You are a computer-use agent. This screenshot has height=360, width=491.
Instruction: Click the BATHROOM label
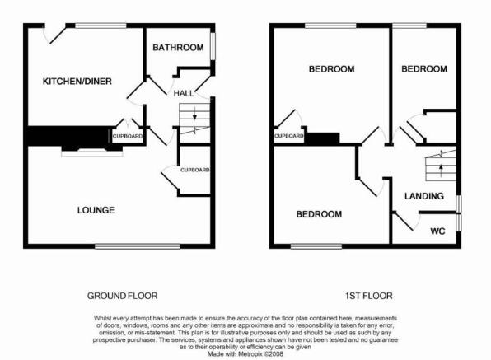(x=178, y=48)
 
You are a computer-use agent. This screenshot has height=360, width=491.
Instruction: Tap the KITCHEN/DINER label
(x=77, y=82)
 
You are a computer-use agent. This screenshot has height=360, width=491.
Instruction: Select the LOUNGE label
(x=96, y=210)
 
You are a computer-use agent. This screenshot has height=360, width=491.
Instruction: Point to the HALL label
(x=184, y=93)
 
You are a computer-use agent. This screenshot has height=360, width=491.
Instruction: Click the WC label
(x=437, y=231)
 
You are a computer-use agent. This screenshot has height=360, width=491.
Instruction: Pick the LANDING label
(x=424, y=196)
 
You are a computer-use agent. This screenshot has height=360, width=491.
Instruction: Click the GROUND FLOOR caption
(x=123, y=296)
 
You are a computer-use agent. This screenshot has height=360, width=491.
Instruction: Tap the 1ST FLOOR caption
(x=369, y=296)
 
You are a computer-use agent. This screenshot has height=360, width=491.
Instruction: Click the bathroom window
(x=213, y=46)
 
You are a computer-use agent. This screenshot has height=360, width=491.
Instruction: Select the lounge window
(x=138, y=246)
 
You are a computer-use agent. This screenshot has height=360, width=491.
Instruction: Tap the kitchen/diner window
(x=101, y=26)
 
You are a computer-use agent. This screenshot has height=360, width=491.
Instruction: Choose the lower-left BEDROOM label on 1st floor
(x=319, y=214)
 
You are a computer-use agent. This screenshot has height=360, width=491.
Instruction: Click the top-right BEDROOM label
(x=424, y=69)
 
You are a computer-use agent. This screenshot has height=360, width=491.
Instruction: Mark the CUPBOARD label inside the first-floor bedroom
(x=288, y=136)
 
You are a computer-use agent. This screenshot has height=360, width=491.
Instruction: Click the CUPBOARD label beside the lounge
(x=194, y=170)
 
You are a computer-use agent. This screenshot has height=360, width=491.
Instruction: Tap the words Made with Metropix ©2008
(x=245, y=354)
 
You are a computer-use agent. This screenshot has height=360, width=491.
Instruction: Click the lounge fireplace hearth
(x=92, y=153)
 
